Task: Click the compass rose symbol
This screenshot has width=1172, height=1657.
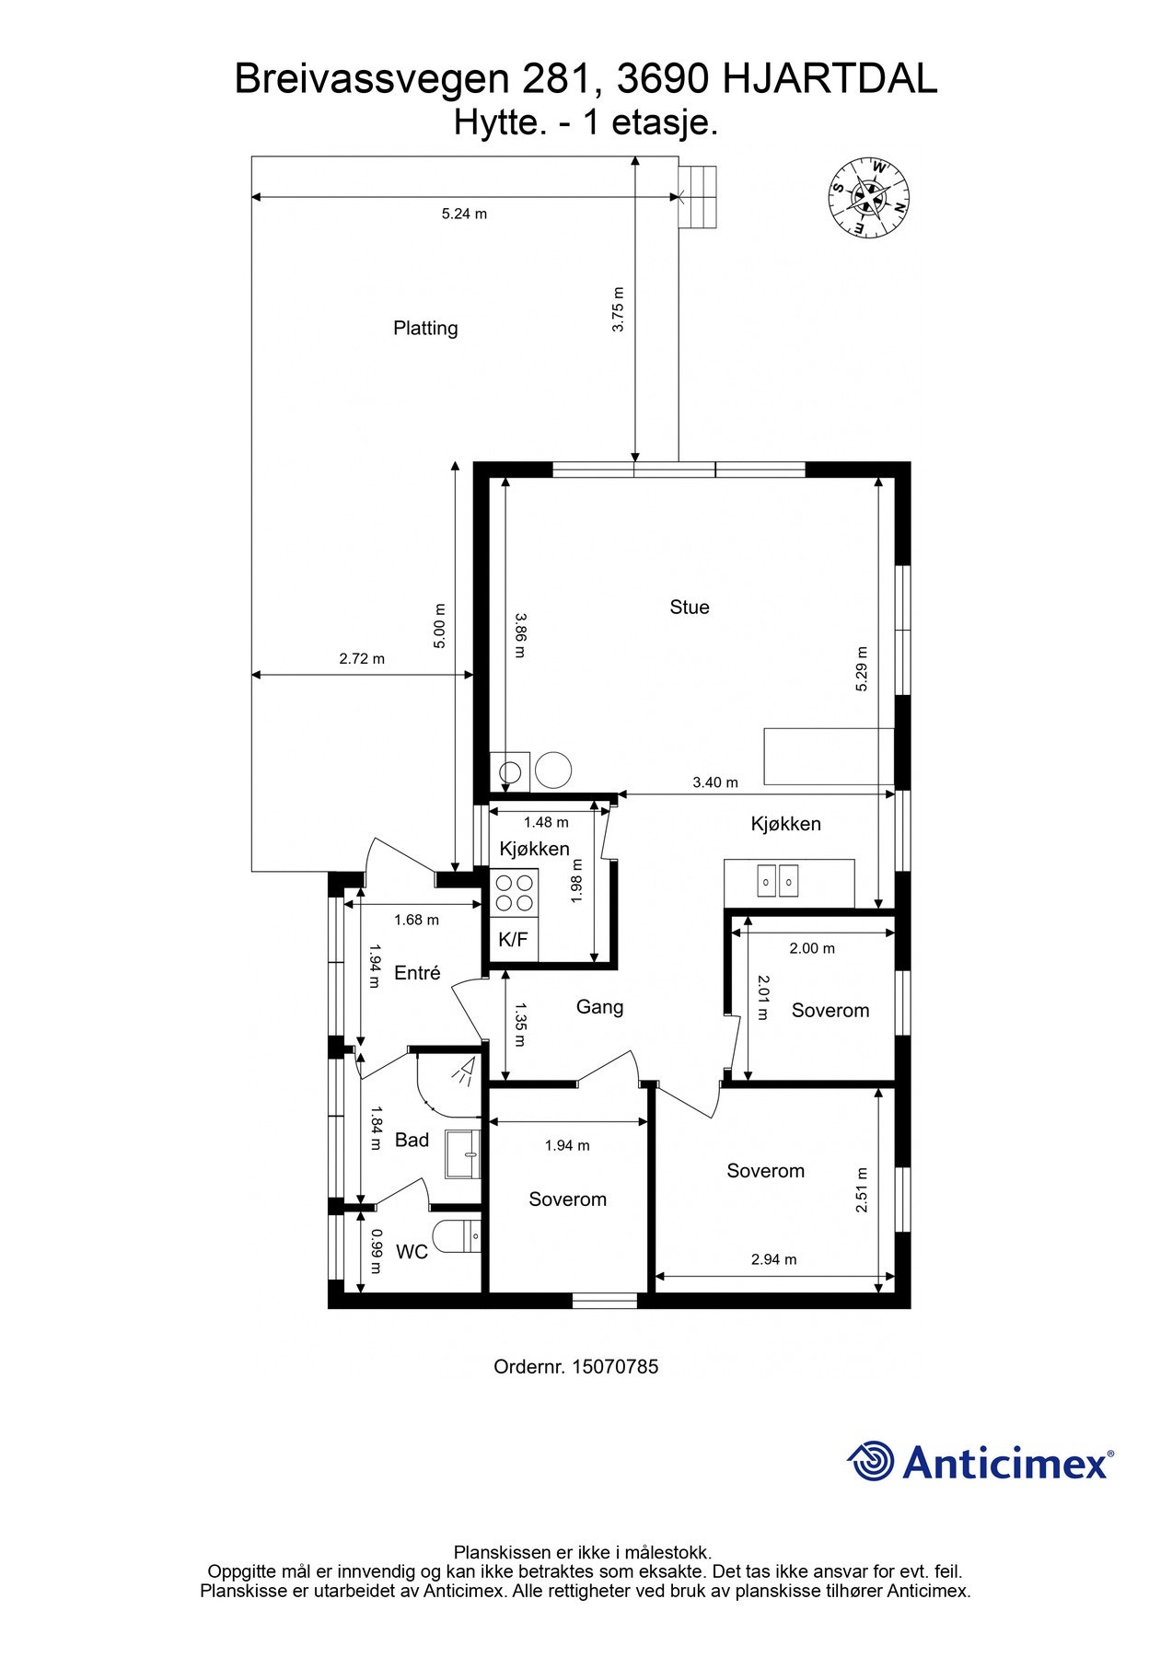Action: (869, 196)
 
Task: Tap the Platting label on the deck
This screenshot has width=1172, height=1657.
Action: (425, 328)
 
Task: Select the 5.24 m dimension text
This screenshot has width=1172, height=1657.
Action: (464, 214)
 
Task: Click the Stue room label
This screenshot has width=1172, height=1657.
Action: (690, 607)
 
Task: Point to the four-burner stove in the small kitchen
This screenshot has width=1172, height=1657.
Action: (514, 892)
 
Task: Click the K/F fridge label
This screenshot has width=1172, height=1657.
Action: (513, 939)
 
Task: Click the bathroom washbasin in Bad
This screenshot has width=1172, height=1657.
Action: (463, 1153)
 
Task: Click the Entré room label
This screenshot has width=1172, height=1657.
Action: (417, 973)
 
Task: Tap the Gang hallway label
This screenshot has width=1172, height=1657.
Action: (599, 1007)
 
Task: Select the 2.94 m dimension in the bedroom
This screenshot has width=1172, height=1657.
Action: (773, 1259)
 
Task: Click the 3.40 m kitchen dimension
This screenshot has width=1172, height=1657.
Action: (715, 782)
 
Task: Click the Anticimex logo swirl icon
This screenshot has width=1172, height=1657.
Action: (870, 1461)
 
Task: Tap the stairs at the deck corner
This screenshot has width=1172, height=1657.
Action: (698, 196)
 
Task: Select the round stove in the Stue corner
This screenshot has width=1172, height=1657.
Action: (554, 769)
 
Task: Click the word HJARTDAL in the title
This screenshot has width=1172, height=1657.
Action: (830, 80)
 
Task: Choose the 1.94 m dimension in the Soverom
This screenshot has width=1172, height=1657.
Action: (567, 1145)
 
